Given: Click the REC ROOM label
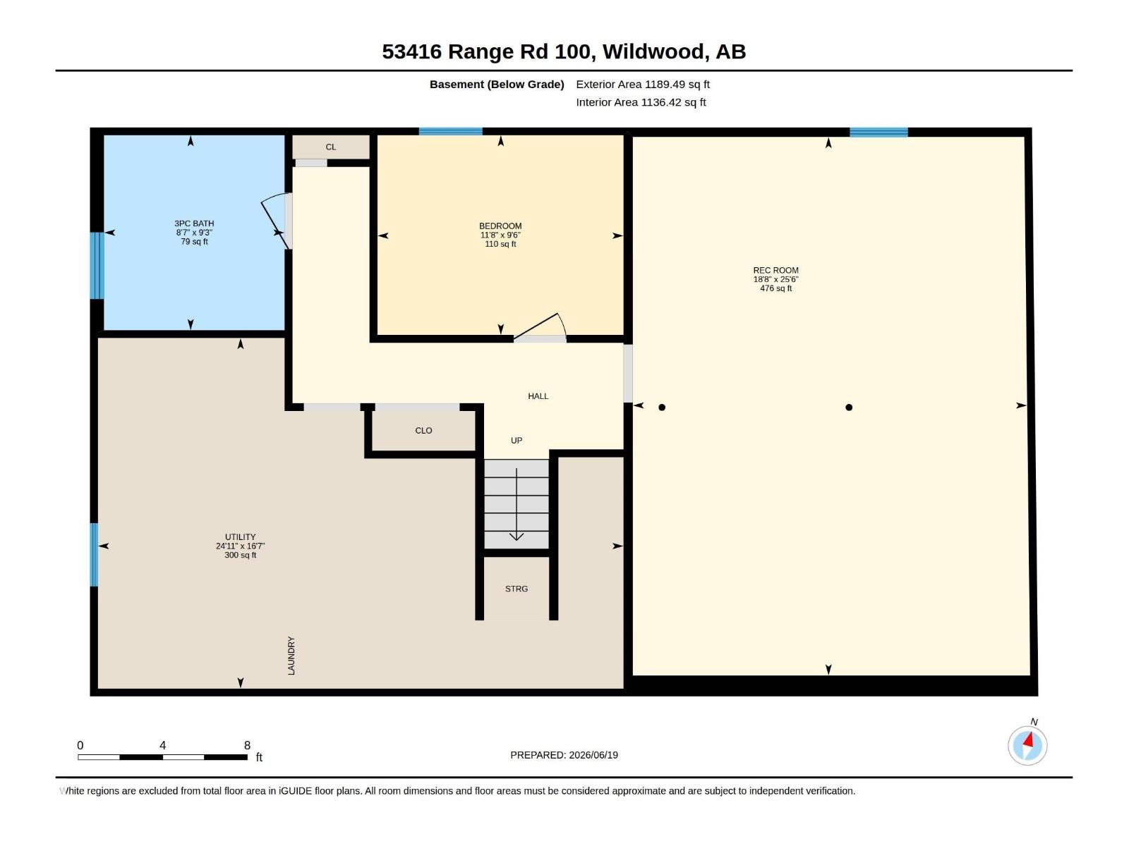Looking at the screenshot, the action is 775,270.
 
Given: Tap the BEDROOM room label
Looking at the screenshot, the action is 500,226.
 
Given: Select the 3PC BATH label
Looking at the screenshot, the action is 194,223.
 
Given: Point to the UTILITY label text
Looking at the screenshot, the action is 240,537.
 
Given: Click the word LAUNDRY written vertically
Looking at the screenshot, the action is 291,656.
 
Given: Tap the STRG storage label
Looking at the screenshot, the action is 517,589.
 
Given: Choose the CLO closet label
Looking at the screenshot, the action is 423,431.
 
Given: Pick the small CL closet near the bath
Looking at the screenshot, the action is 331,147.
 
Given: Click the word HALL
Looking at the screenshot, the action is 538,396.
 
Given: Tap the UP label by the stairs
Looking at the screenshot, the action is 517,440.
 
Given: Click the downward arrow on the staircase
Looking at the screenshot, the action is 517,504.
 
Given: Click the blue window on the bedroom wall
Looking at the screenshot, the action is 451,132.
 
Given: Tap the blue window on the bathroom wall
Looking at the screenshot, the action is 97,266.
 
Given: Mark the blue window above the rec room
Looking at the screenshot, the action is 879,132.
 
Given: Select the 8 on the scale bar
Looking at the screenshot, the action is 247,745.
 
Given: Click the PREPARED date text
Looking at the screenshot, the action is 564,755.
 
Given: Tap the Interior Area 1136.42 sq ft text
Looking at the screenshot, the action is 641,102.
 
